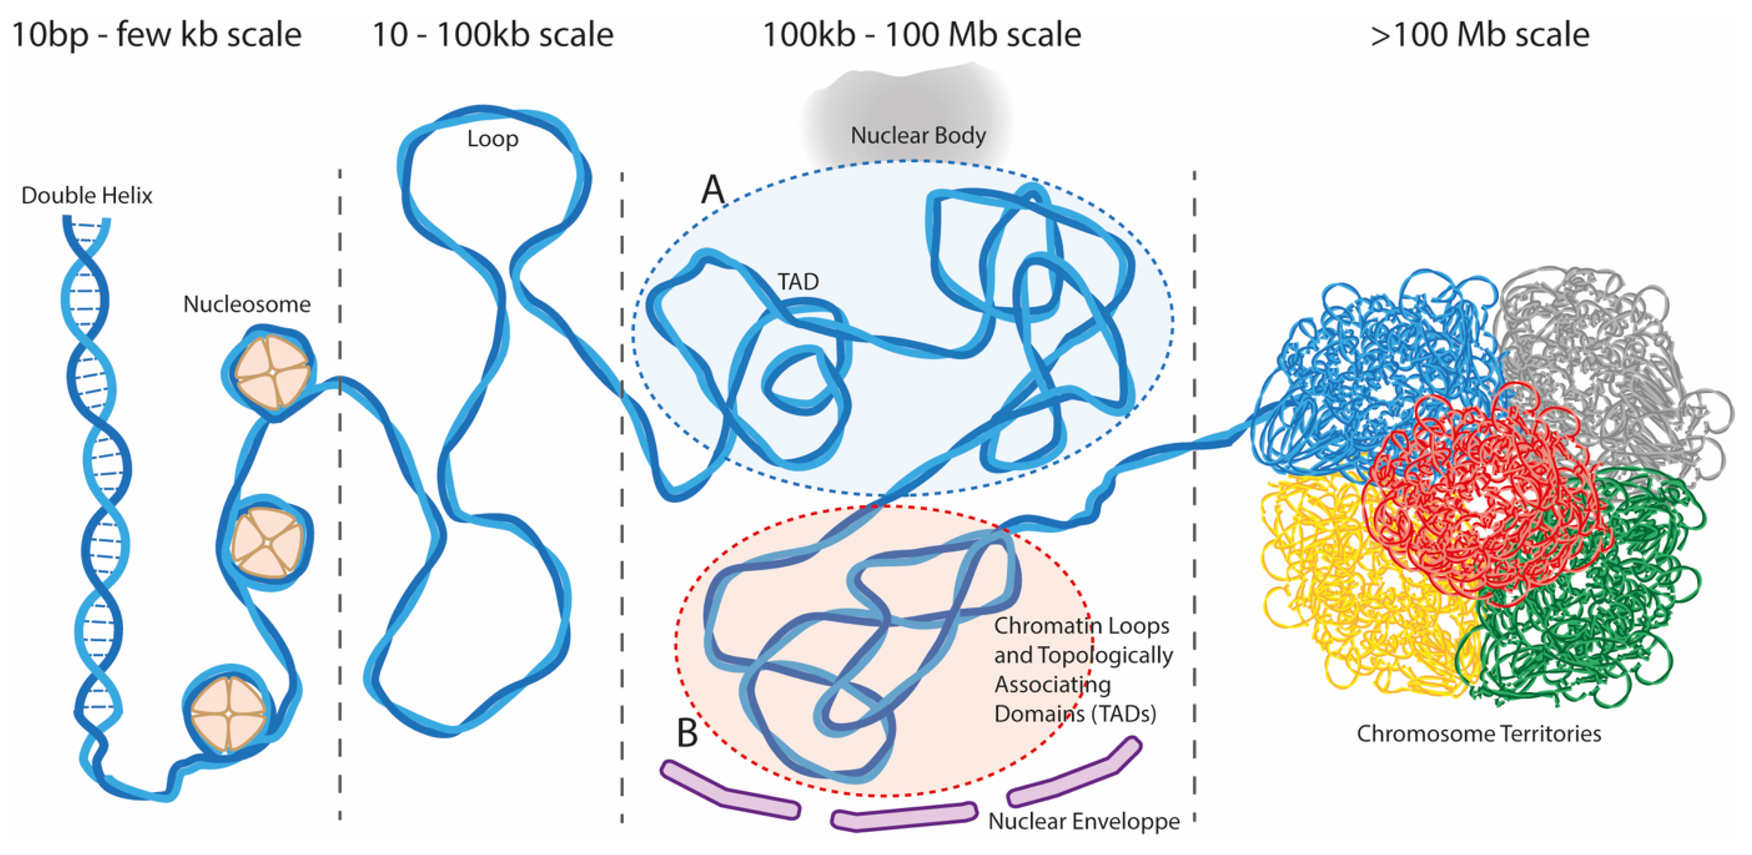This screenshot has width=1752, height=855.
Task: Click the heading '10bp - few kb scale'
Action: (x=156, y=34)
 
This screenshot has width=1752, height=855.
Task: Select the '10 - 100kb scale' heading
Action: (x=492, y=34)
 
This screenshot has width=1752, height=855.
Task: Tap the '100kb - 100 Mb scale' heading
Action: (x=921, y=34)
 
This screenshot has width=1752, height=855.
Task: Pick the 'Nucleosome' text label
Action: (x=246, y=303)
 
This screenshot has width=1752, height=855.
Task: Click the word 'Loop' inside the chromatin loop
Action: (x=492, y=139)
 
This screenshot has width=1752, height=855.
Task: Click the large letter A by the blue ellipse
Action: (x=713, y=189)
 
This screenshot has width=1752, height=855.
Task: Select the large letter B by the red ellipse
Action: (x=687, y=733)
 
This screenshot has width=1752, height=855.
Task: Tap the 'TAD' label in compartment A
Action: (x=798, y=281)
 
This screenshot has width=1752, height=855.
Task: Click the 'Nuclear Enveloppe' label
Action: (x=1083, y=821)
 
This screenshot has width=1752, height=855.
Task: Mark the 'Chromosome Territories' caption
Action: (x=1479, y=733)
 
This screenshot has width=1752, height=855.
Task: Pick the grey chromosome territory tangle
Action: (x=1619, y=354)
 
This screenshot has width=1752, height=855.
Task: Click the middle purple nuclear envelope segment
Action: (x=903, y=816)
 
